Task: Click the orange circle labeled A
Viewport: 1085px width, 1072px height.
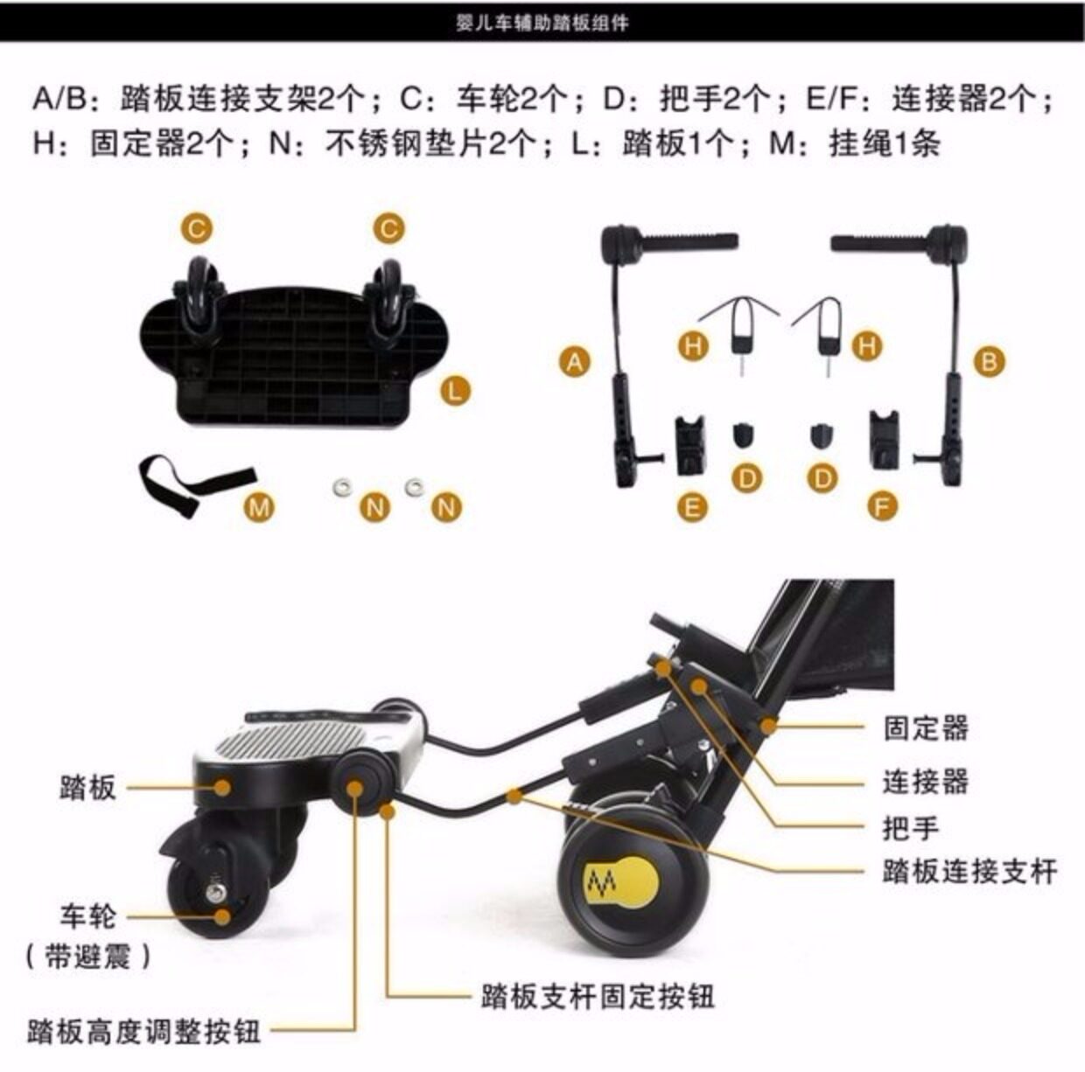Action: (x=574, y=361)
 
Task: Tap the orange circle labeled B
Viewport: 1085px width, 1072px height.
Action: (x=989, y=361)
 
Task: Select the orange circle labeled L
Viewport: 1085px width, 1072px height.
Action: (x=454, y=390)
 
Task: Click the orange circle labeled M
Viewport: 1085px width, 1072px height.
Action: (x=258, y=505)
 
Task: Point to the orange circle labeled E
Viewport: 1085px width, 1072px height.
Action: (x=693, y=506)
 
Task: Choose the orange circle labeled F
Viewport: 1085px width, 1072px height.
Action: (x=883, y=506)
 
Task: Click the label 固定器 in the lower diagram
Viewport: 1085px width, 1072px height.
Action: (x=925, y=728)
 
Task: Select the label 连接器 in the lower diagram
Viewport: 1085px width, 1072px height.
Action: (x=925, y=780)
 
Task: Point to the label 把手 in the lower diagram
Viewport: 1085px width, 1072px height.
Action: (x=911, y=827)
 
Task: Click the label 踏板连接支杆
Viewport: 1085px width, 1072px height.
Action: (x=969, y=872)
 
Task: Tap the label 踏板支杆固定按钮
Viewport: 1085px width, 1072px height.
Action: (x=597, y=996)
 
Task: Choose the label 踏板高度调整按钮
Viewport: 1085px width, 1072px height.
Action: (x=143, y=1032)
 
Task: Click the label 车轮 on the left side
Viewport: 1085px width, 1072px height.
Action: (x=87, y=916)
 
